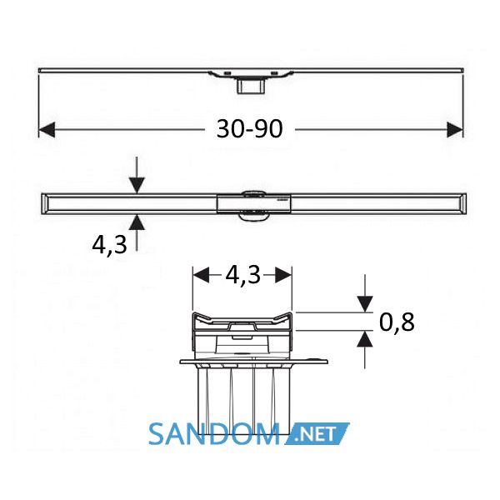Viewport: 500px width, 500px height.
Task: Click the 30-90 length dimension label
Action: (250, 129)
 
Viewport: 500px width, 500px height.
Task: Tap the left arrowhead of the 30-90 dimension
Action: (47, 129)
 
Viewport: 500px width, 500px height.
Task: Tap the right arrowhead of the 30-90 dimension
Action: (455, 129)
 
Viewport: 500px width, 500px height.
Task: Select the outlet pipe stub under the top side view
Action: (251, 87)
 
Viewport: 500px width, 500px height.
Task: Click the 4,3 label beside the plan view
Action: (109, 245)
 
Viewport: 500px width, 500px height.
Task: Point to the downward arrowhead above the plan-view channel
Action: (137, 185)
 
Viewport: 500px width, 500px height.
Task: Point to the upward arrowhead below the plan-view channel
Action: (137, 222)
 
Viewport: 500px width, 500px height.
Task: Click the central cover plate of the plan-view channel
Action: (254, 203)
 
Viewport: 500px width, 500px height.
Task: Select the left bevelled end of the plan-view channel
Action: (45, 203)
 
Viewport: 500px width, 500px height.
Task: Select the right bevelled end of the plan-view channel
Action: (463, 203)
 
